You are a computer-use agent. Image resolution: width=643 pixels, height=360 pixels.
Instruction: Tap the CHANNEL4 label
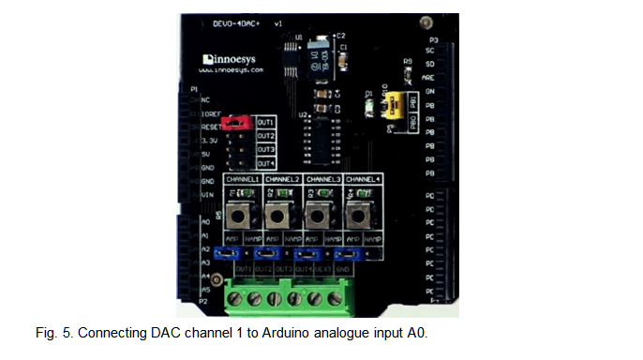pos(363,178)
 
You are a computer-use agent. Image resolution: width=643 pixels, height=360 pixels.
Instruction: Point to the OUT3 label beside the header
pos(265,150)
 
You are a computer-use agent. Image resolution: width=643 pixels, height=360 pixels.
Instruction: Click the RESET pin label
pos(211,125)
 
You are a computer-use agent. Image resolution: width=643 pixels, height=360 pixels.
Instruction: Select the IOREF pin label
pos(211,112)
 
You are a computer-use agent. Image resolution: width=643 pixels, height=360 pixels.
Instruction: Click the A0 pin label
pos(204,222)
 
